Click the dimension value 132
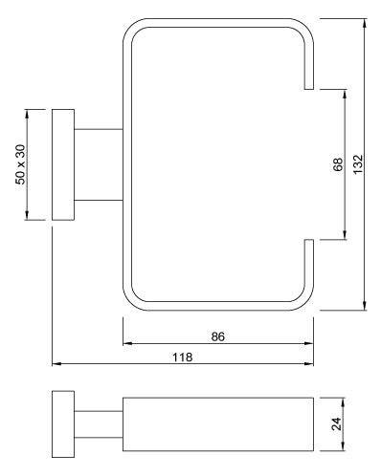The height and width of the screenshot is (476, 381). pyautogui.click(x=358, y=164)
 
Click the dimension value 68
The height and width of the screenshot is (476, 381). pyautogui.click(x=338, y=164)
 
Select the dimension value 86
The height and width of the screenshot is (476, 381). pyautogui.click(x=218, y=336)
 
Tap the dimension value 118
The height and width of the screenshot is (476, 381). pyautogui.click(x=183, y=357)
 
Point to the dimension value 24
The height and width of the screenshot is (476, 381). pyautogui.click(x=336, y=423)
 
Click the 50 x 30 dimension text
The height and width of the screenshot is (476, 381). pyautogui.click(x=20, y=164)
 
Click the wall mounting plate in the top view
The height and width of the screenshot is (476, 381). pyautogui.click(x=63, y=164)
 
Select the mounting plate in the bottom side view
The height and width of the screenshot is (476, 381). pyautogui.click(x=63, y=424)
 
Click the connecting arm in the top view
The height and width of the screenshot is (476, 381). pyautogui.click(x=99, y=164)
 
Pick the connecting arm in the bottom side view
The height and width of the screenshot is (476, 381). pyautogui.click(x=99, y=424)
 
